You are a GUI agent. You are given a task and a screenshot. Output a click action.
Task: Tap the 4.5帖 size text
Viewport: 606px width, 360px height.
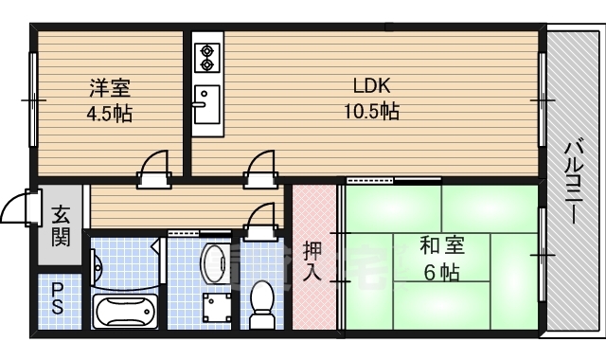pos(110,113)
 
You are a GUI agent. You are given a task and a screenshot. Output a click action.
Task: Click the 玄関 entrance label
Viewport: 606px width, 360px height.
pos(61,226)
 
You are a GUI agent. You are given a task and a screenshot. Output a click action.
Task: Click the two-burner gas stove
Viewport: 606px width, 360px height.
pos(206,56)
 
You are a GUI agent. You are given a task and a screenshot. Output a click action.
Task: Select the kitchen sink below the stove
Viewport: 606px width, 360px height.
pos(205,101)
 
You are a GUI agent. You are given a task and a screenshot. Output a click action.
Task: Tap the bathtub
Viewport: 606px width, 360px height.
pos(125,309)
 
